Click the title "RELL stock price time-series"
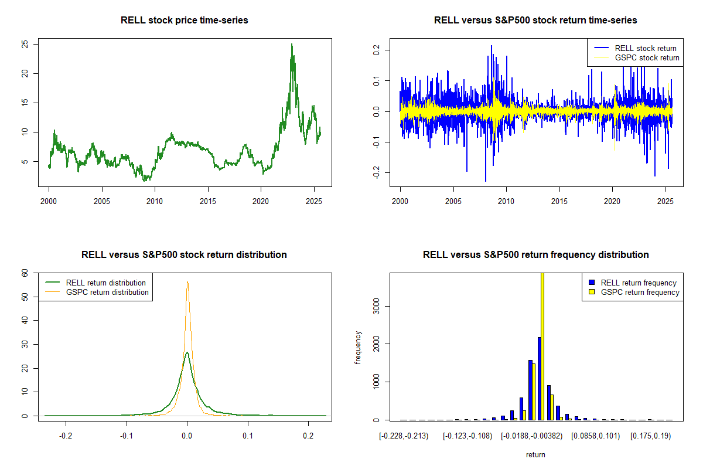(x=184, y=21)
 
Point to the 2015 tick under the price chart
(x=208, y=199)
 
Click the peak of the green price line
(x=292, y=45)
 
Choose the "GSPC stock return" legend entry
(x=647, y=58)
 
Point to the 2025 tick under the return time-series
(x=666, y=199)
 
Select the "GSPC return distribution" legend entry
(x=107, y=292)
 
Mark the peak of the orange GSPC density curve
(x=187, y=281)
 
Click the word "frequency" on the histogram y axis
(x=359, y=347)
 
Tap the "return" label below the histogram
(x=535, y=454)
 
